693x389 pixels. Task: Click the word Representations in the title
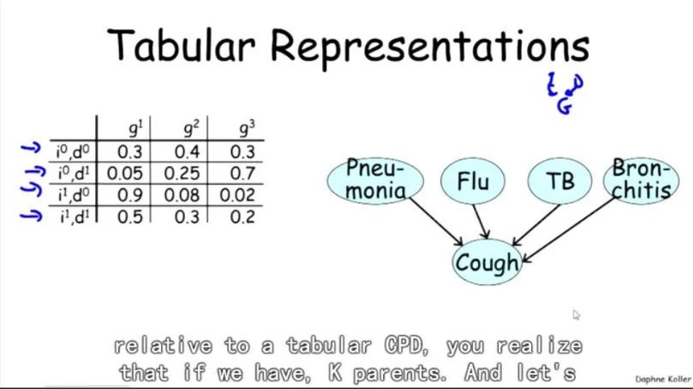click(430, 45)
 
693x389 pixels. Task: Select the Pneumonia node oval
click(375, 181)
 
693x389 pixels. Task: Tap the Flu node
click(474, 182)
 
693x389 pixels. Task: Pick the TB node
click(560, 182)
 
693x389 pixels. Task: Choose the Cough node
click(487, 263)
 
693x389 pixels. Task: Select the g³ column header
click(246, 129)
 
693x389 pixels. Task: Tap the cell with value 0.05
click(126, 173)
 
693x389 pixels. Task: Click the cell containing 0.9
click(130, 195)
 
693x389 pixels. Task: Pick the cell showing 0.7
click(243, 173)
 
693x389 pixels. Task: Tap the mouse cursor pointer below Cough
click(577, 315)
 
